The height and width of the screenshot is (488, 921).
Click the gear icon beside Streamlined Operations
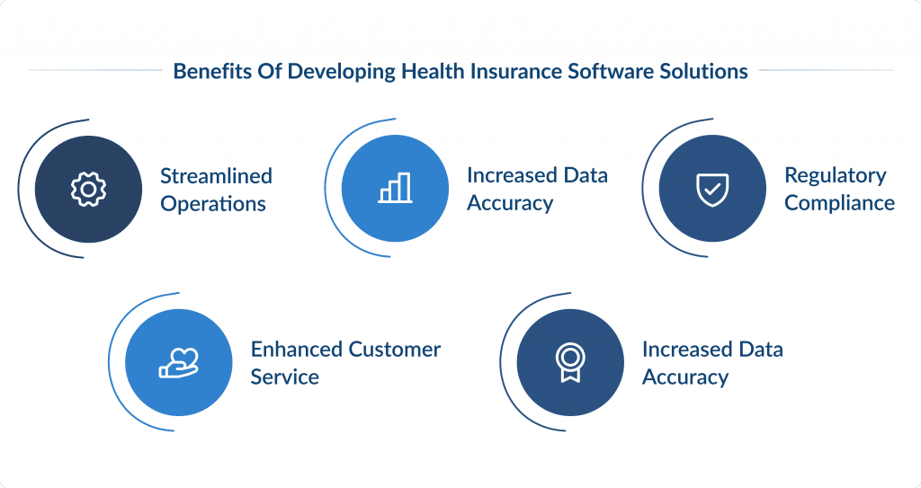coord(88,189)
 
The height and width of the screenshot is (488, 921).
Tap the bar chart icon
coord(395,189)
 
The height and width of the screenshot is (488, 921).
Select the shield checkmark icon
coord(712,189)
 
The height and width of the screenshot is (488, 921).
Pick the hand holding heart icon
coord(178,362)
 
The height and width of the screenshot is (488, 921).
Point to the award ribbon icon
coord(570,362)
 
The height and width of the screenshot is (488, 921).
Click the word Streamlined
coord(216,175)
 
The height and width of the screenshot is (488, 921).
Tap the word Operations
coord(213,204)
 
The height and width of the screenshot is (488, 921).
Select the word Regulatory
coord(836,175)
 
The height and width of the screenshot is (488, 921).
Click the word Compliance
coord(839,203)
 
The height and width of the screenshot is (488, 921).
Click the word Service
coord(284,377)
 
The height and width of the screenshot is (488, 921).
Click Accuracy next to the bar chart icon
coord(509,204)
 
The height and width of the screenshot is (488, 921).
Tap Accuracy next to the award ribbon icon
coord(684,377)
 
